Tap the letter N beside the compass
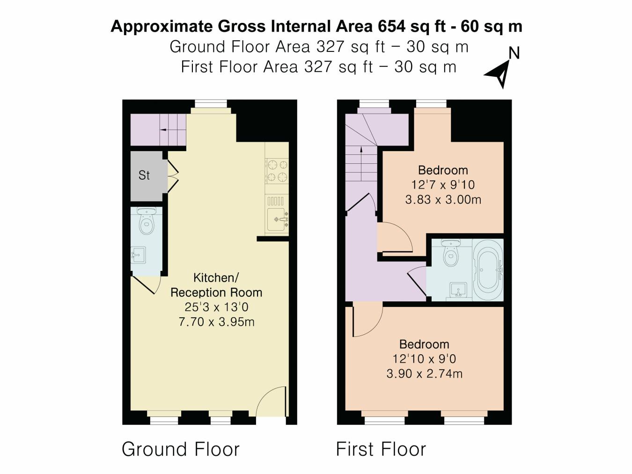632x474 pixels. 514,53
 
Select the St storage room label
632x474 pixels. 144,175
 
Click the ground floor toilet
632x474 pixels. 147,223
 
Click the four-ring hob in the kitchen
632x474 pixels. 277,171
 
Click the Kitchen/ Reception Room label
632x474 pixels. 216,285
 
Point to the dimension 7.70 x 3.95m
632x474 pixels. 216,322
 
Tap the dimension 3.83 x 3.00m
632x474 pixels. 443,200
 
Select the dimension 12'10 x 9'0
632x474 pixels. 424,359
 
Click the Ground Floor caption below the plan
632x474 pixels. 181,449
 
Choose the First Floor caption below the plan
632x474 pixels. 381,449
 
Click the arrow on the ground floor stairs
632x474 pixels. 164,130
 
